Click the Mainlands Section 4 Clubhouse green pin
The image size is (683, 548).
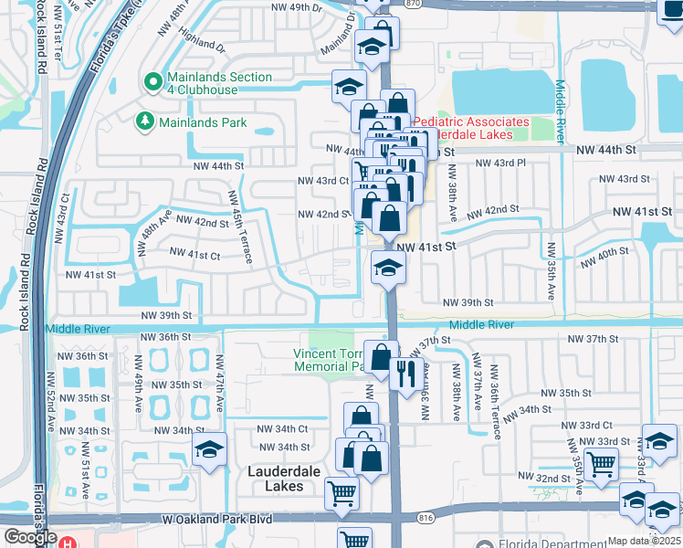pyautogui.click(x=153, y=83)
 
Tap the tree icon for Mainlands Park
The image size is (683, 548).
pyautogui.click(x=143, y=121)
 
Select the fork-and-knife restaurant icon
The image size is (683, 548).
pyautogui.click(x=404, y=372)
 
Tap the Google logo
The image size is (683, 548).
pyautogui.click(x=30, y=537)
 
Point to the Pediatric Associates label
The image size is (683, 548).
pyautogui.click(x=471, y=121)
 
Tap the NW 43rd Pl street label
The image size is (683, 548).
pyautogui.click(x=503, y=163)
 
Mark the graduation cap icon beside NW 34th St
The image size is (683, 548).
pyautogui.click(x=209, y=449)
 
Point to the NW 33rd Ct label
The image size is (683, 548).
pyautogui.click(x=586, y=426)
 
